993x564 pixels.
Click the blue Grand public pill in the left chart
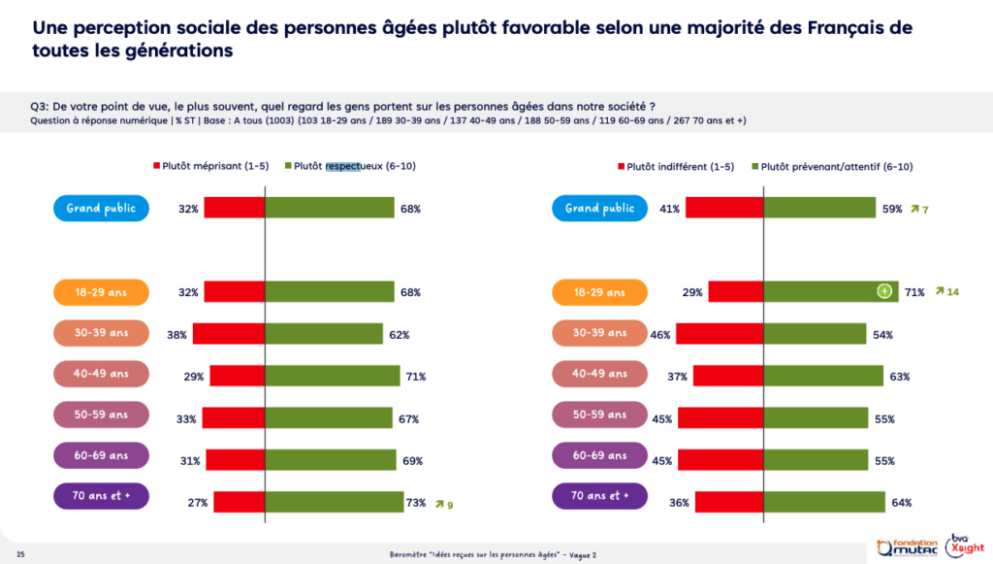pyautogui.click(x=101, y=208)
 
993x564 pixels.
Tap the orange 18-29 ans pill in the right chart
pyautogui.click(x=599, y=291)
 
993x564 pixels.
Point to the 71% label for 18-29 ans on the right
pyautogui.click(x=913, y=291)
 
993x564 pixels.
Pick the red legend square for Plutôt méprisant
pyautogui.click(x=157, y=166)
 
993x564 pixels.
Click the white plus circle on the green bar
pyautogui.click(x=883, y=291)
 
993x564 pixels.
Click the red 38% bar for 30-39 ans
pyautogui.click(x=228, y=334)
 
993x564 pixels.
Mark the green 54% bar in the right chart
pyautogui.click(x=815, y=334)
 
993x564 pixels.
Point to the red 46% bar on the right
pyautogui.click(x=720, y=334)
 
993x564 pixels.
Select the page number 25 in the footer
pyautogui.click(x=20, y=554)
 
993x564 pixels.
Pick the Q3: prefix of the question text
pyautogui.click(x=42, y=107)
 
